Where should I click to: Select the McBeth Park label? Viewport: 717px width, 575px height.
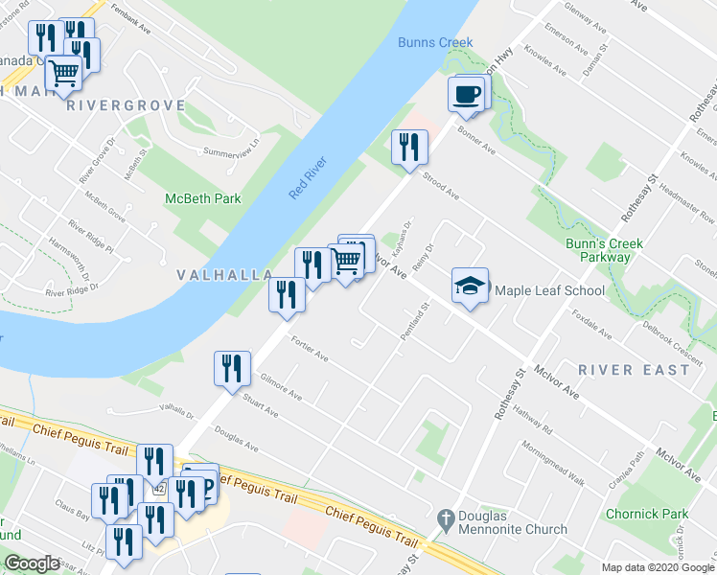202,198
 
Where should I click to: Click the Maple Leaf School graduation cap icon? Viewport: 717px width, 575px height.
470,286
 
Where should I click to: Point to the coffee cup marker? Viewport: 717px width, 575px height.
467,94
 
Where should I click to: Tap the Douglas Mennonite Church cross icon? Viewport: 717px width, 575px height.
444,517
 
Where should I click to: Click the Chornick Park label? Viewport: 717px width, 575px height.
647,514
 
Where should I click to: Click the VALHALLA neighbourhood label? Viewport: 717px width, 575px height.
225,275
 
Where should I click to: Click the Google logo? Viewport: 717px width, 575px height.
32,563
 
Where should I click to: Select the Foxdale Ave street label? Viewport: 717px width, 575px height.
590,323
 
